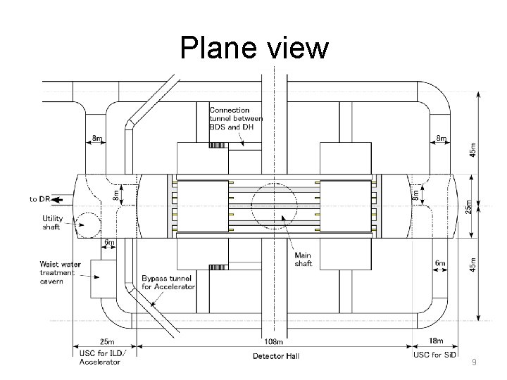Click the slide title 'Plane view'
tap(254, 48)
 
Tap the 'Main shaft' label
tap(303, 259)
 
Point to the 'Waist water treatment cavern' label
tap(60, 272)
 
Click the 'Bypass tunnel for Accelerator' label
tap(168, 283)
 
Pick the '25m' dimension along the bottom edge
tap(107, 342)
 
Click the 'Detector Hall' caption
tap(276, 357)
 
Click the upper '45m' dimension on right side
tap(472, 149)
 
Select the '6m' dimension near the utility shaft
tap(110, 243)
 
